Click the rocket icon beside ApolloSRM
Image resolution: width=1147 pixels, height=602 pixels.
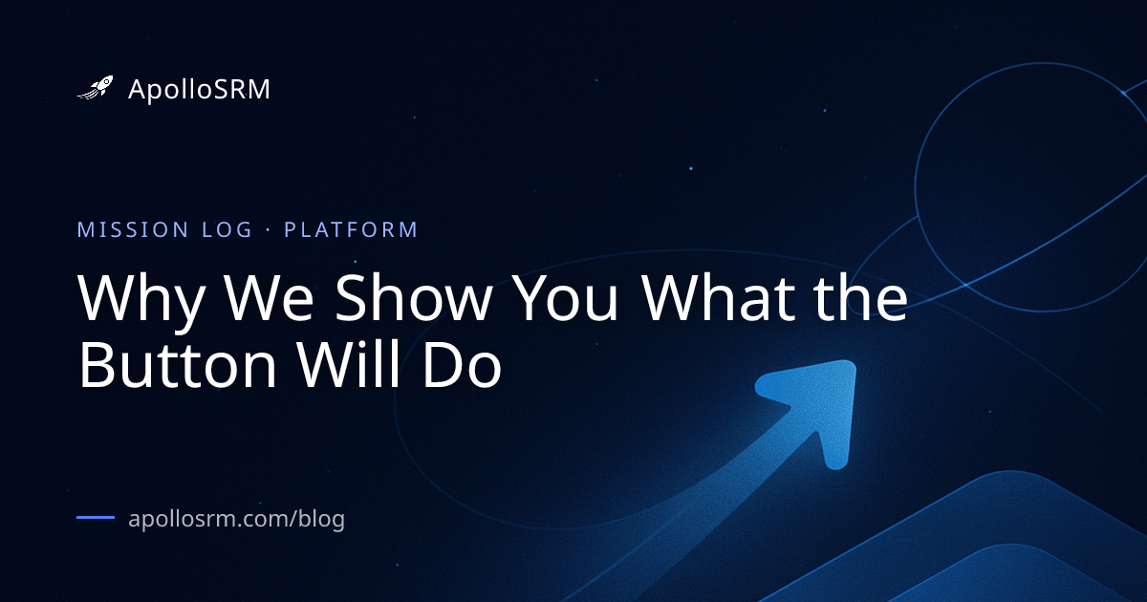tap(96, 88)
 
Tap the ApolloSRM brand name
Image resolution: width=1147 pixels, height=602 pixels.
tap(199, 90)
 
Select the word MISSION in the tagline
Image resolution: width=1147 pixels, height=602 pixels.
tap(133, 230)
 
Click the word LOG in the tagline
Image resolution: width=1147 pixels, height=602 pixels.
tap(227, 230)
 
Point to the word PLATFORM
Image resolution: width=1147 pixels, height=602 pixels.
tap(352, 230)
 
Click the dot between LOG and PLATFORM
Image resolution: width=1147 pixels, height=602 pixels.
tap(268, 230)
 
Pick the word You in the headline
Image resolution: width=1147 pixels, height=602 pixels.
tap(565, 298)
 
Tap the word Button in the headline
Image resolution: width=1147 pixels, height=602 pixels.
tap(178, 364)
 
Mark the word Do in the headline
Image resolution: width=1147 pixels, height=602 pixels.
tap(462, 365)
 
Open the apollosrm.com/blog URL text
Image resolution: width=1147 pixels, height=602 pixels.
tap(237, 519)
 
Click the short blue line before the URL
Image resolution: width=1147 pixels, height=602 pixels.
tap(96, 518)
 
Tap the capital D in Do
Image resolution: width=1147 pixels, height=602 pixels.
tap(441, 365)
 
